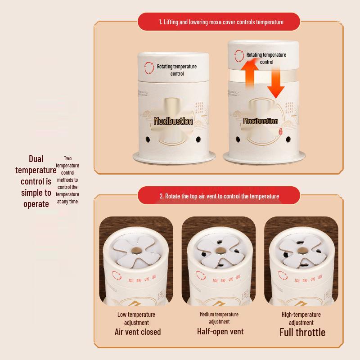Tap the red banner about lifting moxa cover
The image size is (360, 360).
point(221,22)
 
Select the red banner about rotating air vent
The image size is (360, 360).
point(219,196)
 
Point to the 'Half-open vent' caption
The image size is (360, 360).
point(220,331)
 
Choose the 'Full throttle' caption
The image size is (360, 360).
point(302,333)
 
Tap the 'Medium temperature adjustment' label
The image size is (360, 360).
point(219,318)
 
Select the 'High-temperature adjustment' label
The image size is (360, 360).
point(301,319)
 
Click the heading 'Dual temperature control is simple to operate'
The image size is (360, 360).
point(36,181)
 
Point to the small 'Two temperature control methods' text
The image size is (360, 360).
point(67,180)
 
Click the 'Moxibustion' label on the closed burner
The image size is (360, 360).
point(173,121)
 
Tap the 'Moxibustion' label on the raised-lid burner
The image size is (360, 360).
point(261,121)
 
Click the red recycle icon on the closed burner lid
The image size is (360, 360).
point(149,68)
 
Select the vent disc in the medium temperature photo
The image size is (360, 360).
point(219,250)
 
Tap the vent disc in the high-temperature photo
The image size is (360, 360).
point(301,250)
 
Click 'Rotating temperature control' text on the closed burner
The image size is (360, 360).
point(176,70)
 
